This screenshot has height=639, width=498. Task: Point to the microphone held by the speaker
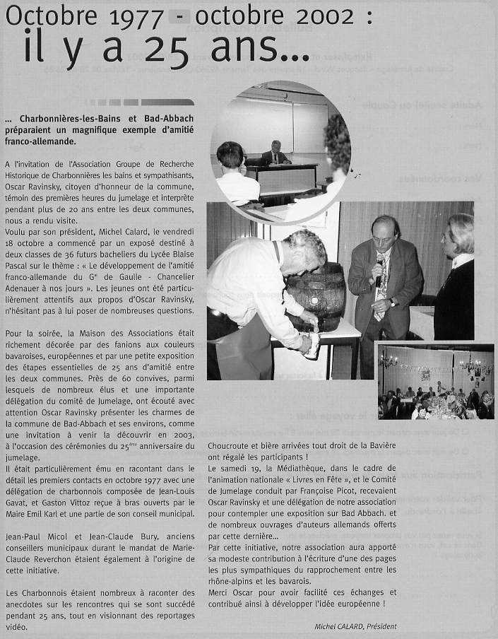coord(379,268)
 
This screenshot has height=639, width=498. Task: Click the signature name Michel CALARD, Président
coord(355,626)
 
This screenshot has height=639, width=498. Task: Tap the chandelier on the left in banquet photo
coord(388,360)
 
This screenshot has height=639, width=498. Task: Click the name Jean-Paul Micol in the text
coord(35,537)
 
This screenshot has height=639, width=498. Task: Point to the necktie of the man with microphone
coord(384,283)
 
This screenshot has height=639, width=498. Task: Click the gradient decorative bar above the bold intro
coord(141,102)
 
